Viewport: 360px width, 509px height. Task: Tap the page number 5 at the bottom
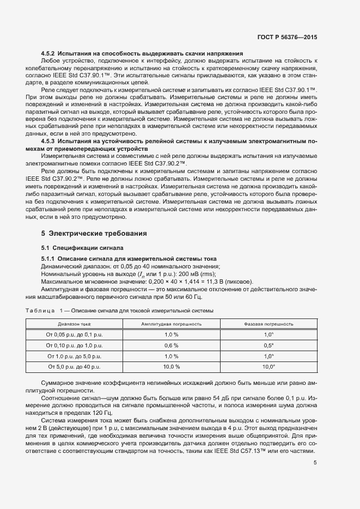315,463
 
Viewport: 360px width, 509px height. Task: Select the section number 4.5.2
50,53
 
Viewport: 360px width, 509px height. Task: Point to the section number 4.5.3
50,141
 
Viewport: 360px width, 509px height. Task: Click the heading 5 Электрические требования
94,234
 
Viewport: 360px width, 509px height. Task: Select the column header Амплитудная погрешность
172,323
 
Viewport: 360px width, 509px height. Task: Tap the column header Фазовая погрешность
269,323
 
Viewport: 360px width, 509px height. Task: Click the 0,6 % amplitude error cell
172,346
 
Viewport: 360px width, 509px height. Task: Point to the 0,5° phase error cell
269,346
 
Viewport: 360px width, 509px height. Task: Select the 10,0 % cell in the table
172,367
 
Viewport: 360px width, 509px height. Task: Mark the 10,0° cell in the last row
269,367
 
